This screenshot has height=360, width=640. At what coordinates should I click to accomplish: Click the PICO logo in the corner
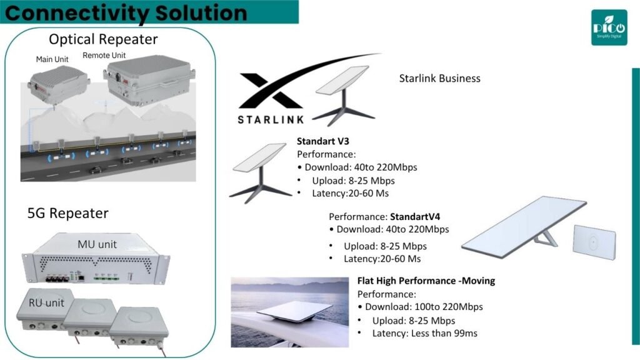[609, 27]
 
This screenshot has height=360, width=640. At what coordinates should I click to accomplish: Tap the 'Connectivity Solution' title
[126, 12]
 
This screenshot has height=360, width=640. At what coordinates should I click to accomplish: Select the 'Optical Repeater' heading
[103, 39]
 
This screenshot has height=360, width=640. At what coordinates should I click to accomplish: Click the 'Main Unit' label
[52, 59]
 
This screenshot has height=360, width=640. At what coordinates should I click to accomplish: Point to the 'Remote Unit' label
[104, 55]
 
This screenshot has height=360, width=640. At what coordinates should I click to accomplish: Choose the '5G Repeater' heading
[67, 213]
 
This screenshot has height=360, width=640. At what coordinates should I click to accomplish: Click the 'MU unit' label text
[97, 244]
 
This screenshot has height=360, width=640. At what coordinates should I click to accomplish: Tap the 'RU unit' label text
[46, 303]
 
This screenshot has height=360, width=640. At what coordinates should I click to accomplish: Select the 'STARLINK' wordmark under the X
[271, 119]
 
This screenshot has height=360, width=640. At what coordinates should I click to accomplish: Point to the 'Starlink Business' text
[439, 78]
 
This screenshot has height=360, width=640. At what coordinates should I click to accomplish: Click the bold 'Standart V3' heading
[323, 141]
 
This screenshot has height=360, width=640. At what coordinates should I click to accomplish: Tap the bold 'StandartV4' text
[415, 216]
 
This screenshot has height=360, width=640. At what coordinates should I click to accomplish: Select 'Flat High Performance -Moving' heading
[426, 281]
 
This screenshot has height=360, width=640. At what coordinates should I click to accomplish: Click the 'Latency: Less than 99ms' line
[424, 334]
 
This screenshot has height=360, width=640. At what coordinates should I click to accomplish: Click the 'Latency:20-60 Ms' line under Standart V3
[350, 194]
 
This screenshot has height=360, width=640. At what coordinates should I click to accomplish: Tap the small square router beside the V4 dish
[594, 242]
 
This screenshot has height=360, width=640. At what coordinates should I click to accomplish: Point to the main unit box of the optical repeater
[58, 84]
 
